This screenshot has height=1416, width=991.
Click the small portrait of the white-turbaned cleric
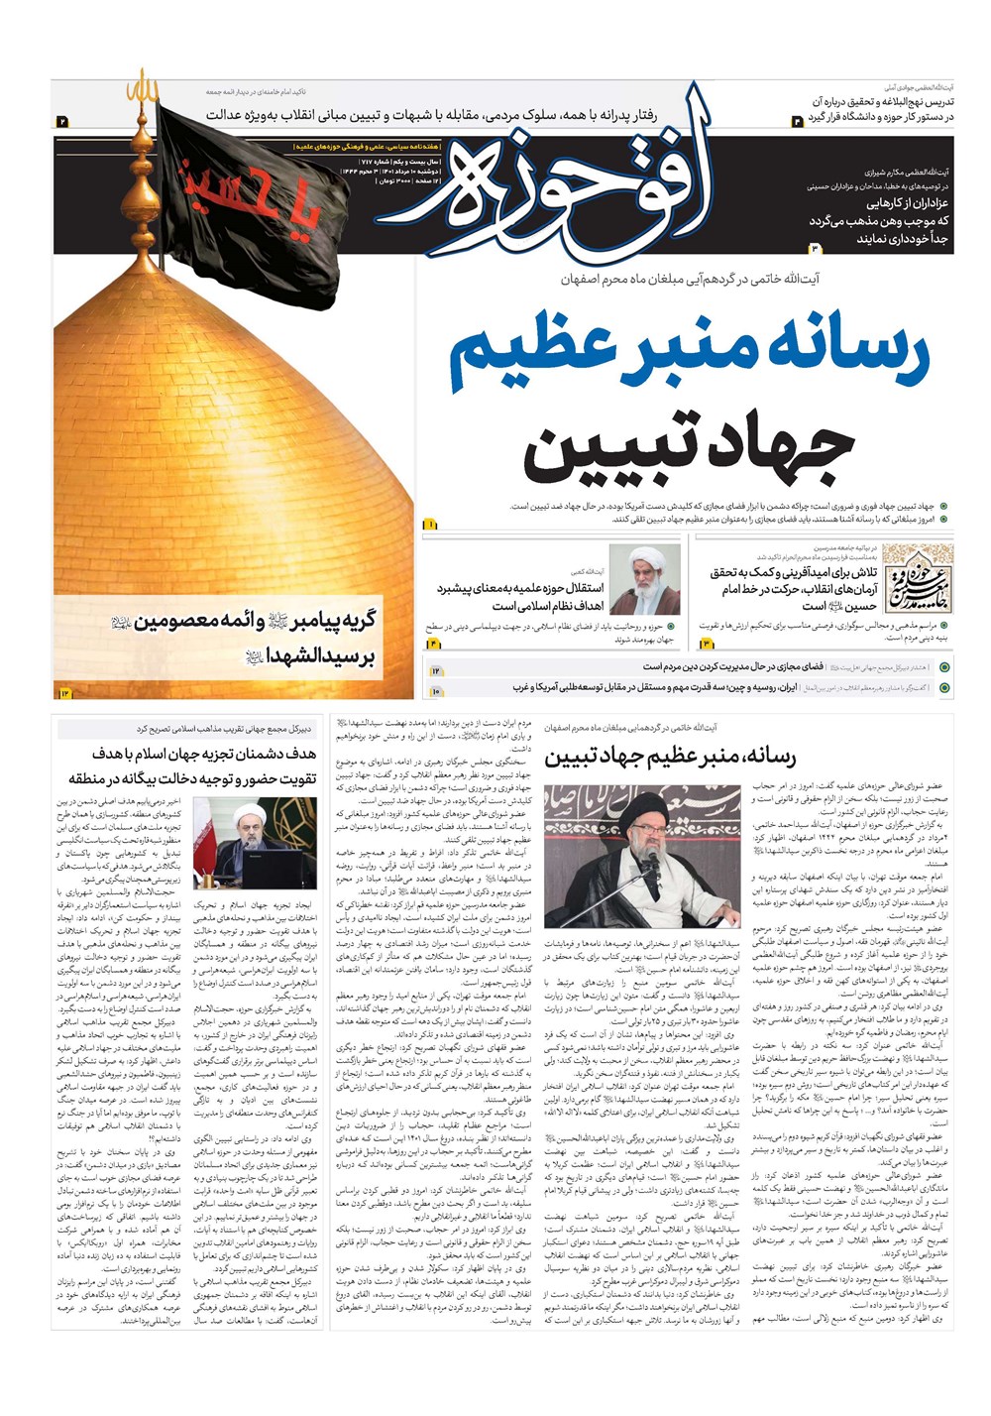point(643,580)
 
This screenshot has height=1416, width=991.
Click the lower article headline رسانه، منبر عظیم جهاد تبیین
point(669,759)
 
